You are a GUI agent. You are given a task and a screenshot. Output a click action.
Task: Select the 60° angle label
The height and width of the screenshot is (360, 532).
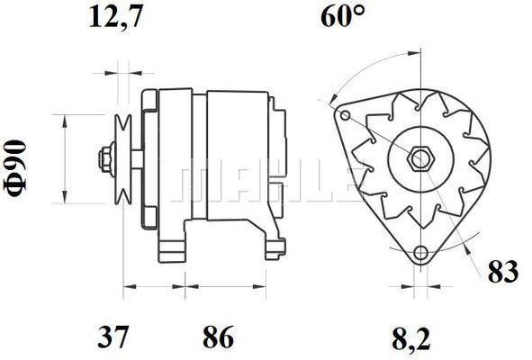tap(342, 18)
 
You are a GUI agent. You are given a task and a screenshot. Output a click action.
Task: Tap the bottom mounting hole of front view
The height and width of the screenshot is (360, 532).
tap(419, 253)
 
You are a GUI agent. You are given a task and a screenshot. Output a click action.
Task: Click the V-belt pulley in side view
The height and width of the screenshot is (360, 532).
tap(124, 160)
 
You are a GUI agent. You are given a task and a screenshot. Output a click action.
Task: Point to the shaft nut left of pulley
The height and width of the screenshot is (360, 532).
tap(105, 160)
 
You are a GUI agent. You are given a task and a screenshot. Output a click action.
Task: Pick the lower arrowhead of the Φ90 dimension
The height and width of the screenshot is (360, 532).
tap(66, 200)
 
